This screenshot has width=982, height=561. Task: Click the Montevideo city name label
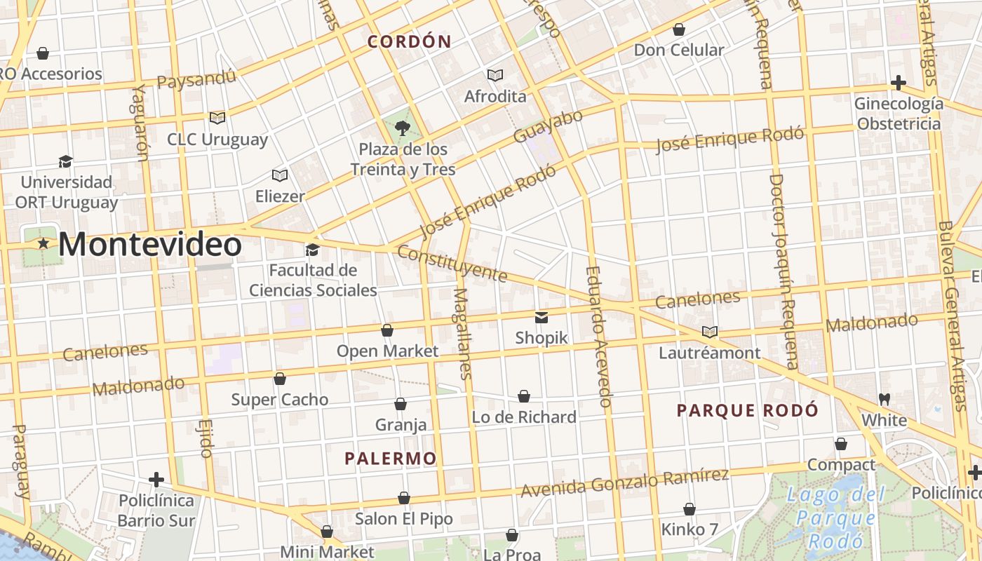[x=150, y=245]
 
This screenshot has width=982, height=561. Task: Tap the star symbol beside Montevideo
[x=43, y=243]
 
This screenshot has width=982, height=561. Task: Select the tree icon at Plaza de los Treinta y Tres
[x=403, y=128]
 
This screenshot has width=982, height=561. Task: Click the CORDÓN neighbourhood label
[x=410, y=41]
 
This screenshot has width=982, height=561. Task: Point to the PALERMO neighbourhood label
[x=390, y=459]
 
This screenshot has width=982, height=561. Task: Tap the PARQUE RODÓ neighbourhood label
[x=747, y=410]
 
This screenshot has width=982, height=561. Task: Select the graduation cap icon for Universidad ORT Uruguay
[x=66, y=161]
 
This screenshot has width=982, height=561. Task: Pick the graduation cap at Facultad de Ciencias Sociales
[x=312, y=250]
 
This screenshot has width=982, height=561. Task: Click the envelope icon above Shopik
[x=542, y=318]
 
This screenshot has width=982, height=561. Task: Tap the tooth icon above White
[x=884, y=399]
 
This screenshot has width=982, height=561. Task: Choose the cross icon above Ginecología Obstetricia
[x=898, y=83]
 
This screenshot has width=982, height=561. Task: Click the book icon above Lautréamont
[x=709, y=332]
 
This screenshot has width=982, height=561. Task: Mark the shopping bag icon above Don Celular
[x=678, y=29]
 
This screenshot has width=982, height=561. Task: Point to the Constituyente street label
[x=452, y=263]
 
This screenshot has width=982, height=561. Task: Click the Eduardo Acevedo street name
[x=598, y=337]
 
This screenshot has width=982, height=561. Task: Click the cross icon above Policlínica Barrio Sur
[x=156, y=480]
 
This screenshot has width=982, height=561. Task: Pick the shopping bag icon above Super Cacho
[x=280, y=379]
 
